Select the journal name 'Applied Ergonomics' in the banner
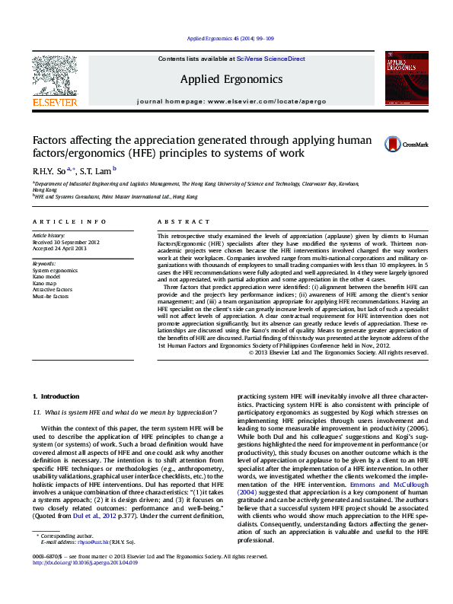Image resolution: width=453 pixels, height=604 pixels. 231,79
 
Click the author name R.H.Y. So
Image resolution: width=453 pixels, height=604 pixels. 48,172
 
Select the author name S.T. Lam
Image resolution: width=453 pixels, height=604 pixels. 96,172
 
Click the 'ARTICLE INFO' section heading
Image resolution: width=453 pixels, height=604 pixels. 69,221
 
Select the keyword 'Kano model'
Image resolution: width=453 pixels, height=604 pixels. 47,276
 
